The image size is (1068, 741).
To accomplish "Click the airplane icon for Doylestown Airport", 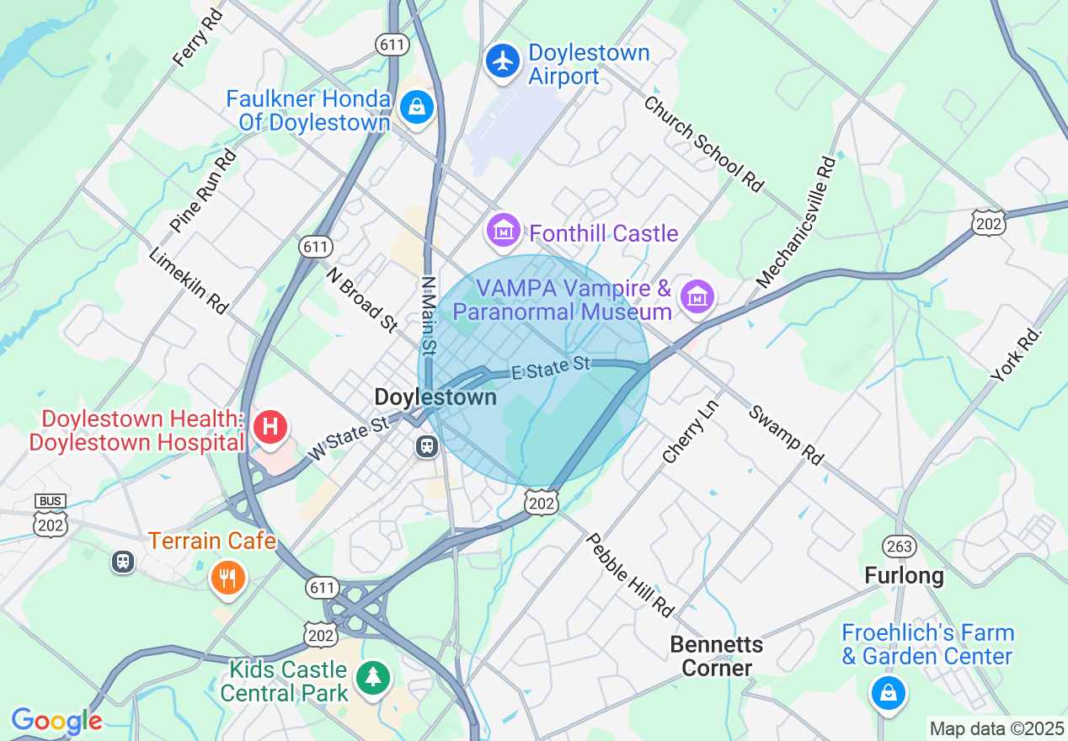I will (504, 61).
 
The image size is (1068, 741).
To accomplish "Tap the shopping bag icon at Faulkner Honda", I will (416, 107).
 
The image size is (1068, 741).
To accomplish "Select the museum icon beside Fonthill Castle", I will (504, 229).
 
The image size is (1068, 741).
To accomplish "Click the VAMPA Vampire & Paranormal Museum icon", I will (697, 296).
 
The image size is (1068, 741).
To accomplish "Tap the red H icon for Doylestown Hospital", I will (270, 427).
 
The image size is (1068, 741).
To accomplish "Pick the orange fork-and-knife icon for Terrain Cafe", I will (227, 578).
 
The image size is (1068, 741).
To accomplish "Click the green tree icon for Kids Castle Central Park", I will (371, 677).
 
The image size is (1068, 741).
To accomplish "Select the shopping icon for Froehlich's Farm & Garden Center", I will (887, 693).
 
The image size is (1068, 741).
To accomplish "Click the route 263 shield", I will (900, 546).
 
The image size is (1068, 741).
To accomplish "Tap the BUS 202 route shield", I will (51, 516).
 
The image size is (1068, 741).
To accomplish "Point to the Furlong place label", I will (904, 576).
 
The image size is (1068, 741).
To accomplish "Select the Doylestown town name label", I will (435, 397).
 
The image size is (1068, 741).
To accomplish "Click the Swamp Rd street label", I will (785, 434).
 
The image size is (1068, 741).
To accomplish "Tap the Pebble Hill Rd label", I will (631, 574).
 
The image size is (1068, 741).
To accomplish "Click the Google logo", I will (56, 721).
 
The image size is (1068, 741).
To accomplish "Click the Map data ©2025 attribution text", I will (996, 728).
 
